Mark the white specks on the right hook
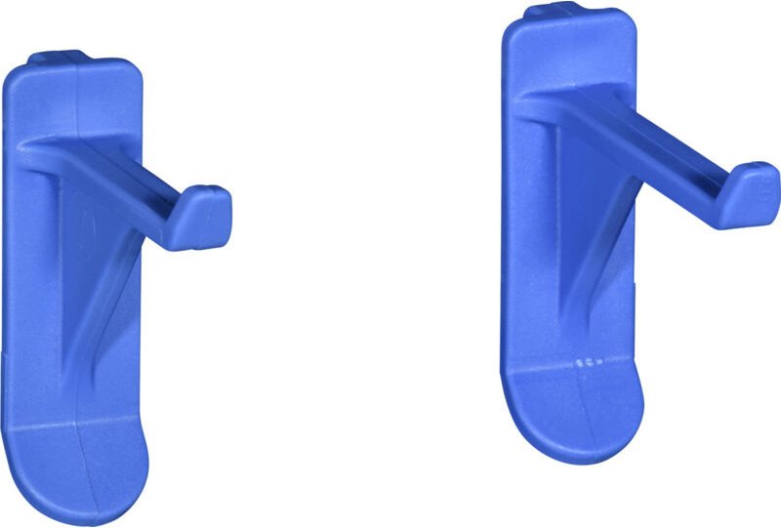[588, 362]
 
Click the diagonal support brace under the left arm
[98, 293]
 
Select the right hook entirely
[586, 234]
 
